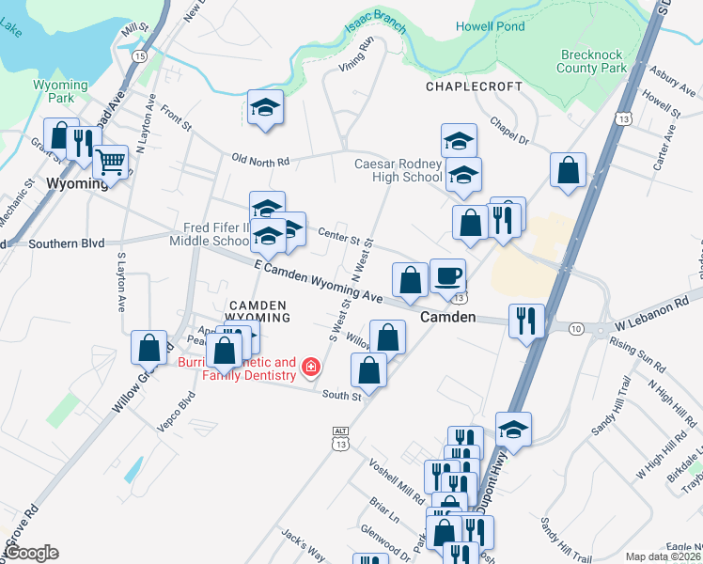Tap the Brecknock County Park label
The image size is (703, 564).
pyautogui.click(x=591, y=61)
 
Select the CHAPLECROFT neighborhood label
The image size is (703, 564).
pyautogui.click(x=474, y=86)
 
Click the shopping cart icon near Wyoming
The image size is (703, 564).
pyautogui.click(x=112, y=164)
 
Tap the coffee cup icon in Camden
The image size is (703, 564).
pyautogui.click(x=447, y=274)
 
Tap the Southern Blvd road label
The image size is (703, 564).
pyautogui.click(x=66, y=243)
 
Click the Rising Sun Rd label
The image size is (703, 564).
pyautogui.click(x=636, y=359)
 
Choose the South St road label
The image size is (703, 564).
pyautogui.click(x=342, y=397)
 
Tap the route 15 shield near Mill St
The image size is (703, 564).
pyautogui.click(x=139, y=56)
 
